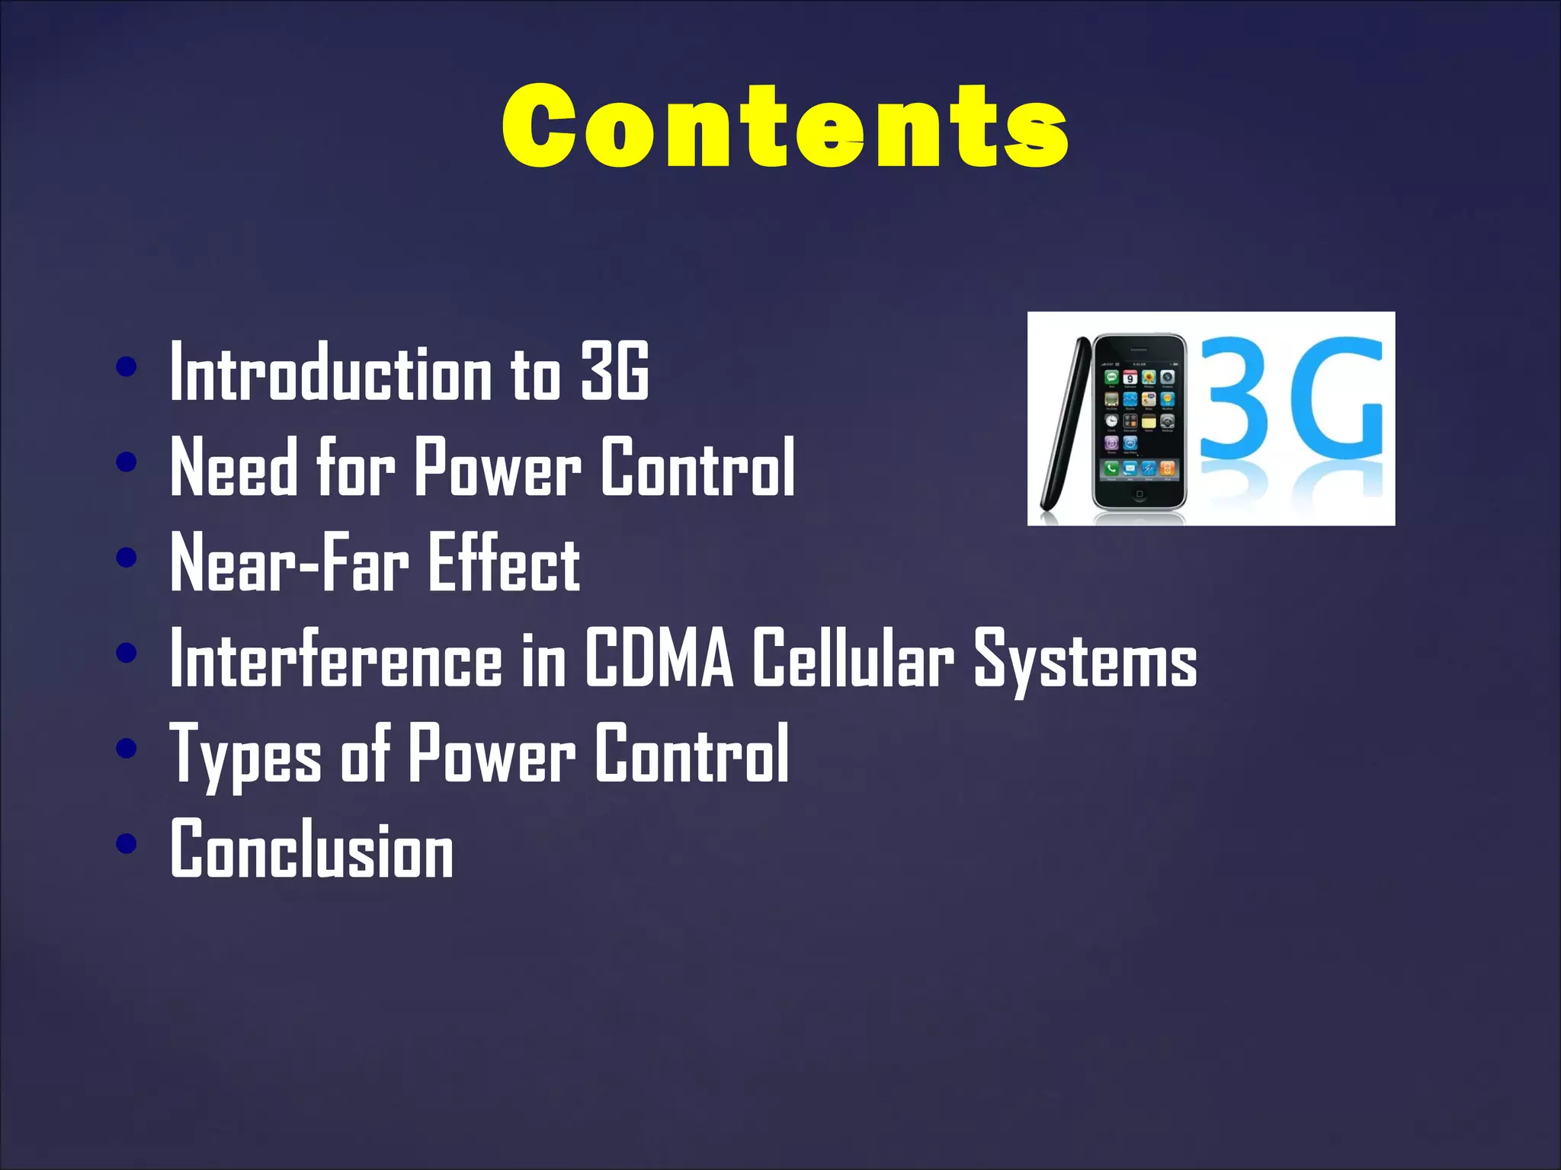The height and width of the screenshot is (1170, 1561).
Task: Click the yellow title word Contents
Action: pos(785,126)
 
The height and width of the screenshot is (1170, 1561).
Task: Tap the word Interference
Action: pos(336,658)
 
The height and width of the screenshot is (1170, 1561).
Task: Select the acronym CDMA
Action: pos(659,658)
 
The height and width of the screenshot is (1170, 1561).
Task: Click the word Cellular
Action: pos(853,658)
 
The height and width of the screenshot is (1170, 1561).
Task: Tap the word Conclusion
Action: pos(312,849)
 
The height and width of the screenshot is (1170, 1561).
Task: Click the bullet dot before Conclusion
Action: pos(127,843)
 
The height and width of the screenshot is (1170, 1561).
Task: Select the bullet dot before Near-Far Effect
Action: pos(127,558)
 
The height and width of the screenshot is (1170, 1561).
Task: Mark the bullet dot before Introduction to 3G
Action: pos(127,366)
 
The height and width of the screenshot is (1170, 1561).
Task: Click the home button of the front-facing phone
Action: pos(1139,494)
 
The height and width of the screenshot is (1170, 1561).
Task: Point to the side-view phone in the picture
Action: pos(1063,427)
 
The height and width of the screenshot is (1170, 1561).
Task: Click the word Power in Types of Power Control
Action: pos(492,754)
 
